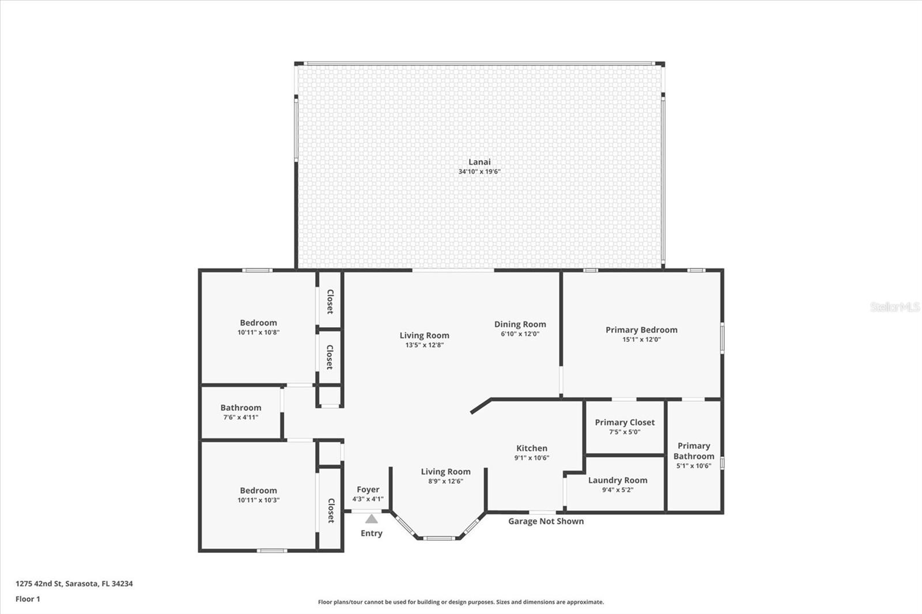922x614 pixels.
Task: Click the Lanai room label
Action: (479, 162)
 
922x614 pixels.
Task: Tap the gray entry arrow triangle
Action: (372, 519)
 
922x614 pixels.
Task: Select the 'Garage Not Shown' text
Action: (546, 521)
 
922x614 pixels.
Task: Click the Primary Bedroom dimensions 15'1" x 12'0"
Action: (641, 340)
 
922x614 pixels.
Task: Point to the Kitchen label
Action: (531, 448)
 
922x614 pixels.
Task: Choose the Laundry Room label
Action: (617, 480)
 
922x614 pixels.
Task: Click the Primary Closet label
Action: (625, 422)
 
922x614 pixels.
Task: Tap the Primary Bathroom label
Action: (694, 451)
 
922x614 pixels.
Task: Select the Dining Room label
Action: (520, 324)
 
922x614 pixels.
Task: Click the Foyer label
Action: (368, 490)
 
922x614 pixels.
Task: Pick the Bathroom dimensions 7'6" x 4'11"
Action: (241, 418)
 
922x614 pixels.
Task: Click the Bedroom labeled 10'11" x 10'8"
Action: (258, 323)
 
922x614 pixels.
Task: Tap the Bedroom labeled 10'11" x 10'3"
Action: (258, 491)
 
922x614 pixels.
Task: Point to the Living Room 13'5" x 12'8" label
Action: (424, 335)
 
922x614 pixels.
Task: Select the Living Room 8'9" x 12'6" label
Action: (445, 472)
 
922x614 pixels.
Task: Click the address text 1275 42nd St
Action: (74, 583)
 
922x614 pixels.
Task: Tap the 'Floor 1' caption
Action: (28, 599)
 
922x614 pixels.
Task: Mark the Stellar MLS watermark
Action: (895, 307)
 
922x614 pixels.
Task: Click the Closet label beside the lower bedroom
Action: (331, 510)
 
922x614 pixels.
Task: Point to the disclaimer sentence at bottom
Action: (461, 602)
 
